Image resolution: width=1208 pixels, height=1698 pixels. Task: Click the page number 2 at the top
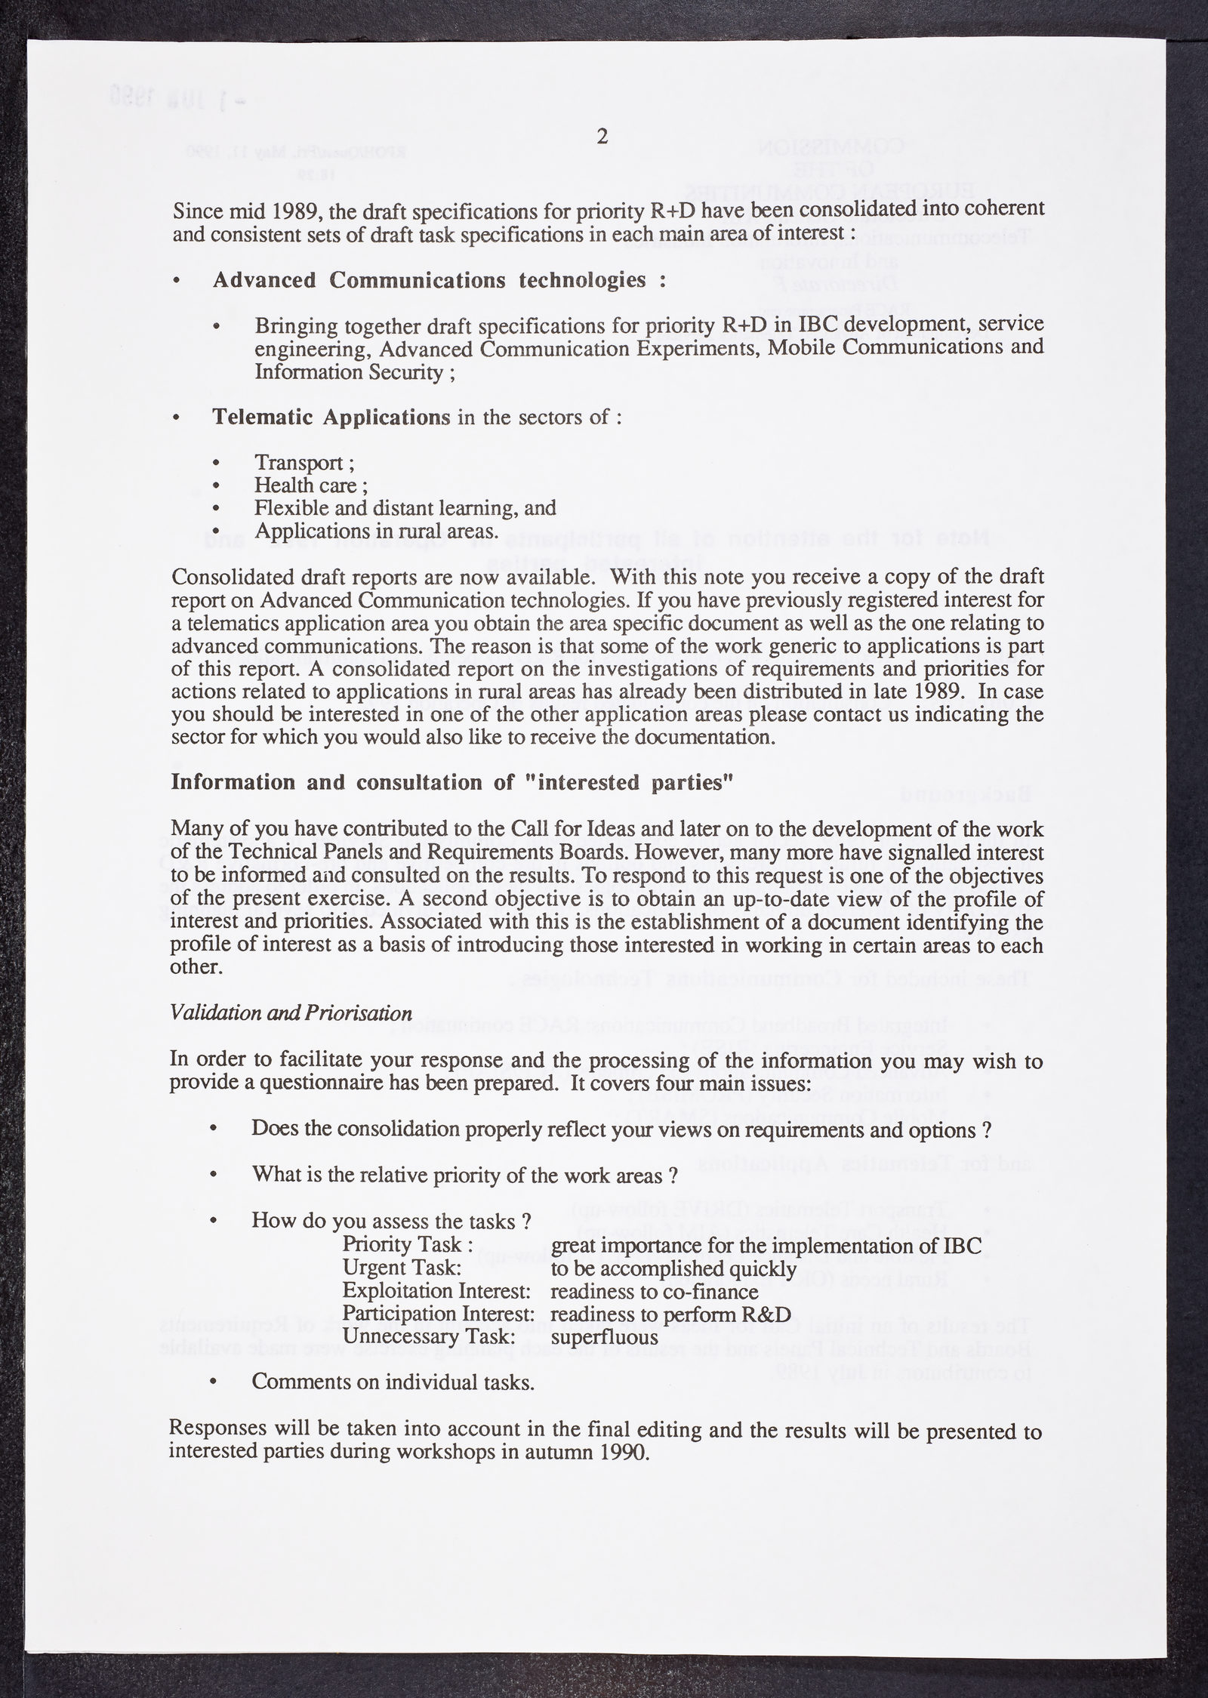tap(602, 137)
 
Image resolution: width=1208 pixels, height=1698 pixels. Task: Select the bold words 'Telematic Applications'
tap(331, 417)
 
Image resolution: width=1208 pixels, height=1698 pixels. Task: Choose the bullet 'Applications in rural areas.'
tap(377, 531)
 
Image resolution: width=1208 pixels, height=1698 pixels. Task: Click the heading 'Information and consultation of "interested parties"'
tap(452, 781)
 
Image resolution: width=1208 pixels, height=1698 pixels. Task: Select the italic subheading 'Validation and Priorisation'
tap(291, 1012)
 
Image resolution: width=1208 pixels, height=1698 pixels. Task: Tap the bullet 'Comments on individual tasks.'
tap(393, 1382)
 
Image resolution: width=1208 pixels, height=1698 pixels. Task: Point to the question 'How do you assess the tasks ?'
tap(390, 1221)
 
